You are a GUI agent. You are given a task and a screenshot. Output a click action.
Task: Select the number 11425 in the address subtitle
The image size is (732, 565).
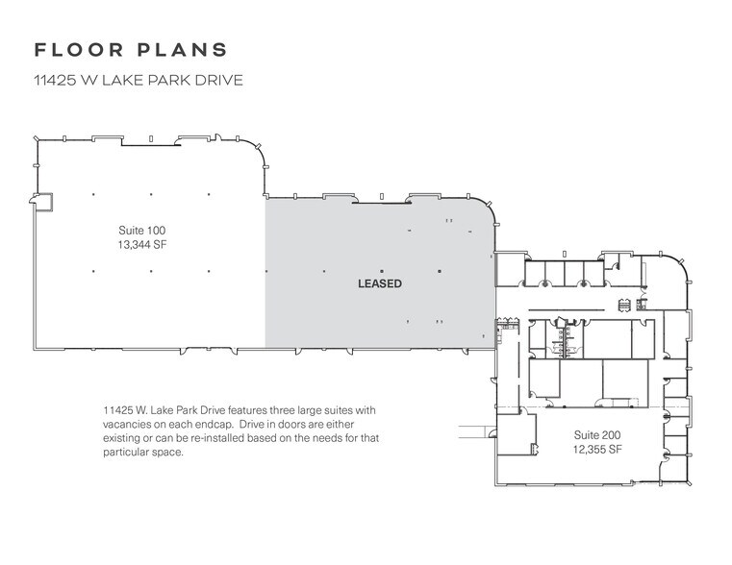pos(55,81)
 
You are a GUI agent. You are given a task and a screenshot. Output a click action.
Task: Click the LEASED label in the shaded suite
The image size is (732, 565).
pos(379,283)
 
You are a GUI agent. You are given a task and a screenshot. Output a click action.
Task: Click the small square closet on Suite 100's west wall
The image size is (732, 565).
pos(40,201)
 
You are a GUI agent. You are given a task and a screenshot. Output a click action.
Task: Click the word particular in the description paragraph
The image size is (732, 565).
pos(127,453)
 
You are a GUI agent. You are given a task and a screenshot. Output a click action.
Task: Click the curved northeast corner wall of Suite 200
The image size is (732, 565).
pos(679,268)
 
